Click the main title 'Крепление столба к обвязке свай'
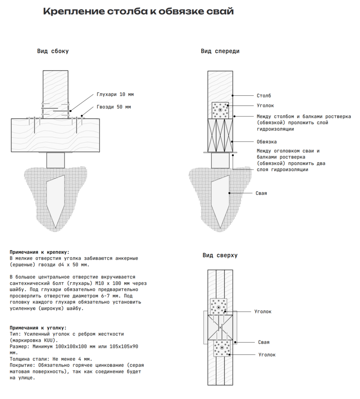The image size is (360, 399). pyautogui.click(x=138, y=12)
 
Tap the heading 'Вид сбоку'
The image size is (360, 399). pyautogui.click(x=53, y=51)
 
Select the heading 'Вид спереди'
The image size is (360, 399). pyautogui.click(x=220, y=51)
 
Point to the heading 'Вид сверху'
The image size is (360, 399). pyautogui.click(x=220, y=256)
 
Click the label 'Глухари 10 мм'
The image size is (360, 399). pyautogui.click(x=115, y=95)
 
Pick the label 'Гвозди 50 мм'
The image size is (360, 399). pyautogui.click(x=114, y=107)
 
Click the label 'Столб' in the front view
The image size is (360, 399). pyautogui.click(x=264, y=96)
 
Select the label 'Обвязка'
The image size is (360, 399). pyautogui.click(x=267, y=142)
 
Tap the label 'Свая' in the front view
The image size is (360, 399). pyautogui.click(x=261, y=193)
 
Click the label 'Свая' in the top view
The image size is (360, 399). pyautogui.click(x=264, y=342)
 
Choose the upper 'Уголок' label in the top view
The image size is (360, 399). pyautogui.click(x=263, y=312)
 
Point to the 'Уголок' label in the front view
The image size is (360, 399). pyautogui.click(x=265, y=106)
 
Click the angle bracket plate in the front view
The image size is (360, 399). pyautogui.click(x=220, y=111)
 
